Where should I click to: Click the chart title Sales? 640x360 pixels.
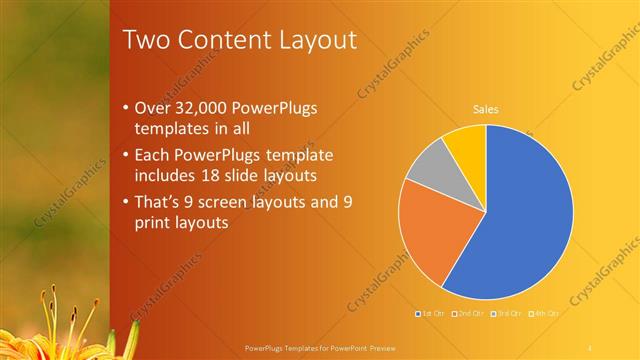486,110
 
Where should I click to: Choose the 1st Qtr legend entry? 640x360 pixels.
432,313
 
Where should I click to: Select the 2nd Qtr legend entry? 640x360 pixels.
469,313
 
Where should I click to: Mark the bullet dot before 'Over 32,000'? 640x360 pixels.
125,108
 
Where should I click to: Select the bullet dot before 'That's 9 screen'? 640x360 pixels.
125,203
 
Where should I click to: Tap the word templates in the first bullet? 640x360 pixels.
172,128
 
